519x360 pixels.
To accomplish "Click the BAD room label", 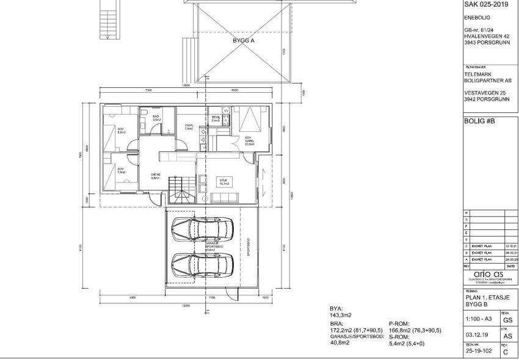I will [156, 118].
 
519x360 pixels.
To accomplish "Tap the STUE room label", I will [223, 181].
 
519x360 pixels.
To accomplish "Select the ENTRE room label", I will [156, 176].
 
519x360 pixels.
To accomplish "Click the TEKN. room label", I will [216, 119].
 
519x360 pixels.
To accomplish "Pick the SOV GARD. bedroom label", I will [250, 140].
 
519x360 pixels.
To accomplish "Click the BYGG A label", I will [244, 40].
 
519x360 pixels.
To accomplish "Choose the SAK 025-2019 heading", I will [486, 4].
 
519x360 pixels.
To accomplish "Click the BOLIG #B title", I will [479, 121].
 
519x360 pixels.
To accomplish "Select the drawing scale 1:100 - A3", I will [479, 319].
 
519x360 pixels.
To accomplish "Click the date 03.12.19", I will [474, 335].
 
